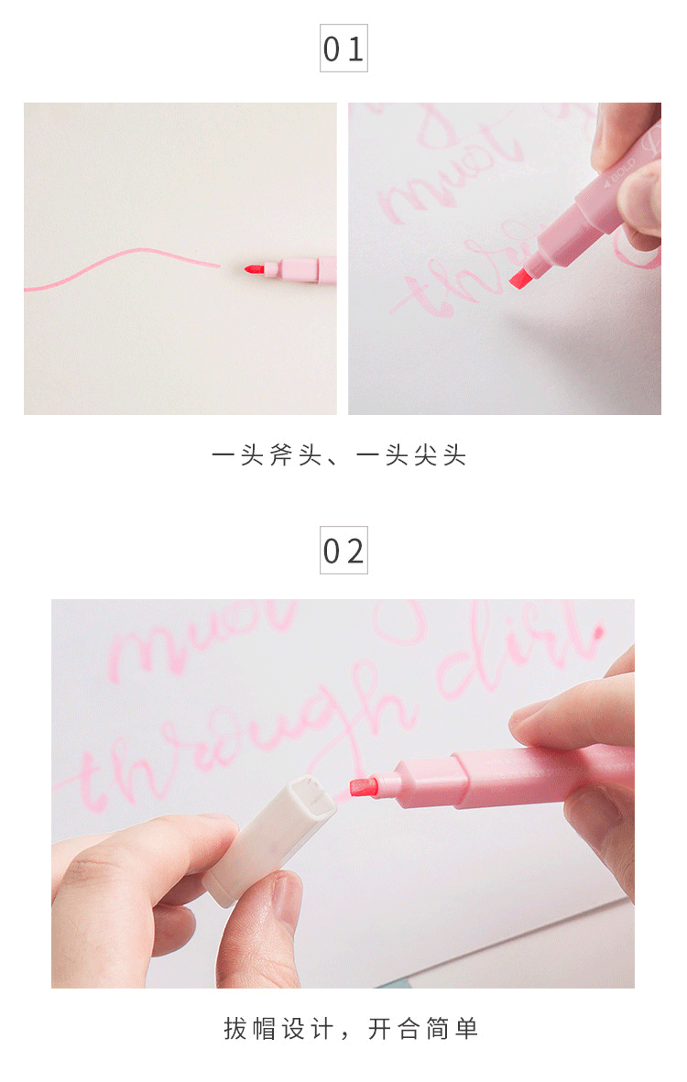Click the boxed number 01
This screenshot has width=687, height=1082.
pos(343,49)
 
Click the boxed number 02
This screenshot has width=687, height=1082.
pos(343,551)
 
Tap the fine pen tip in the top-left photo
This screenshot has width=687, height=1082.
pos(252,268)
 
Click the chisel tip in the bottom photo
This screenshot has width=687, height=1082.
pos(364,786)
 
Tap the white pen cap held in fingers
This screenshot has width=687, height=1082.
pos(249,844)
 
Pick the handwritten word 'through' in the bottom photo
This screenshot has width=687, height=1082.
pos(238,733)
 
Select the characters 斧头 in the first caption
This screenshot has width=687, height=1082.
pos(284,455)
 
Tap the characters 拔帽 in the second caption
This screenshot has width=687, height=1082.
pos(253,1029)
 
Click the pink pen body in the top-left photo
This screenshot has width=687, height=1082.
pos(302,269)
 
